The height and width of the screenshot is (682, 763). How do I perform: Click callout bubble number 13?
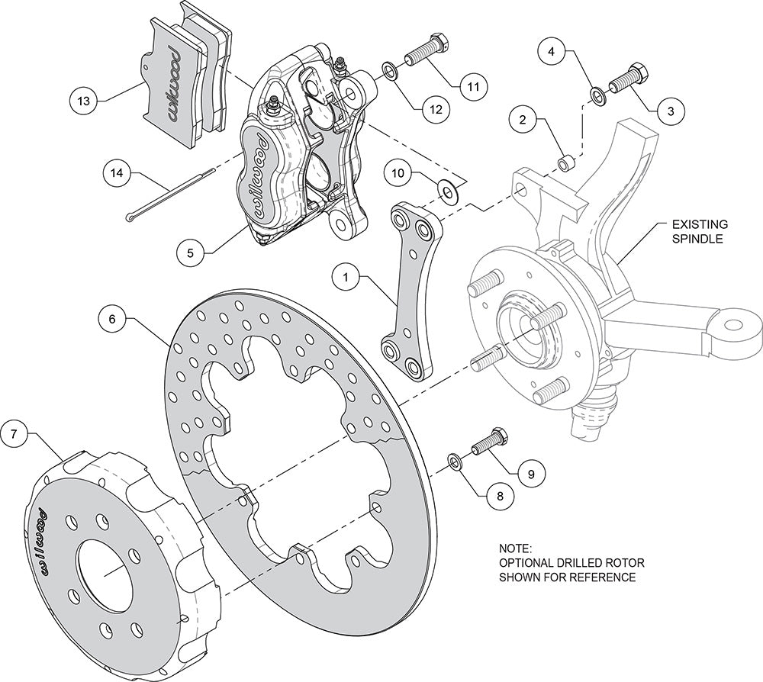(x=84, y=101)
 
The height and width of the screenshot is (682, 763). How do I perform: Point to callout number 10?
(x=398, y=174)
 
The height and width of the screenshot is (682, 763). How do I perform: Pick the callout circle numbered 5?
(x=190, y=253)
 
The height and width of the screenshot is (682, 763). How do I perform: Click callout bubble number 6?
(x=112, y=319)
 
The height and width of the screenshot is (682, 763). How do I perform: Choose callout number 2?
(x=523, y=119)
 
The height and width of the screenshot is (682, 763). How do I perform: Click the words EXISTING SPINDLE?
(x=700, y=232)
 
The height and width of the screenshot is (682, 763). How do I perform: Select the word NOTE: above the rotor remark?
(x=516, y=548)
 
